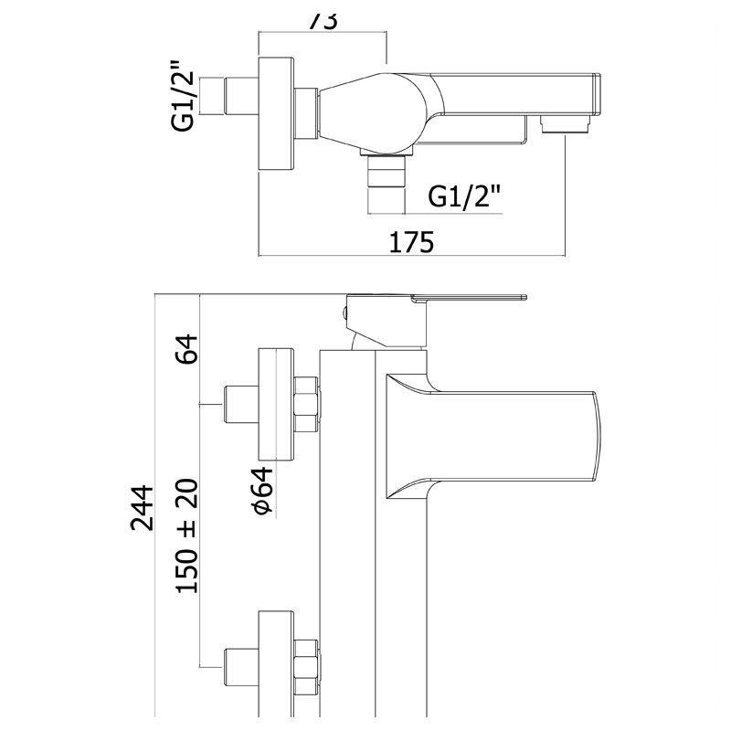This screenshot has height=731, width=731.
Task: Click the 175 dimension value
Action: click(412, 242)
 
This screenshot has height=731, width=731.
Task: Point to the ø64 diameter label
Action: click(262, 494)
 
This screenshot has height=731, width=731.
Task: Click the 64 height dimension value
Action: click(186, 348)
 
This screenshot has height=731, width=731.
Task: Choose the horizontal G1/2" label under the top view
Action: click(465, 196)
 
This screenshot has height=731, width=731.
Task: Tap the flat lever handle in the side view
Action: click(466, 298)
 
